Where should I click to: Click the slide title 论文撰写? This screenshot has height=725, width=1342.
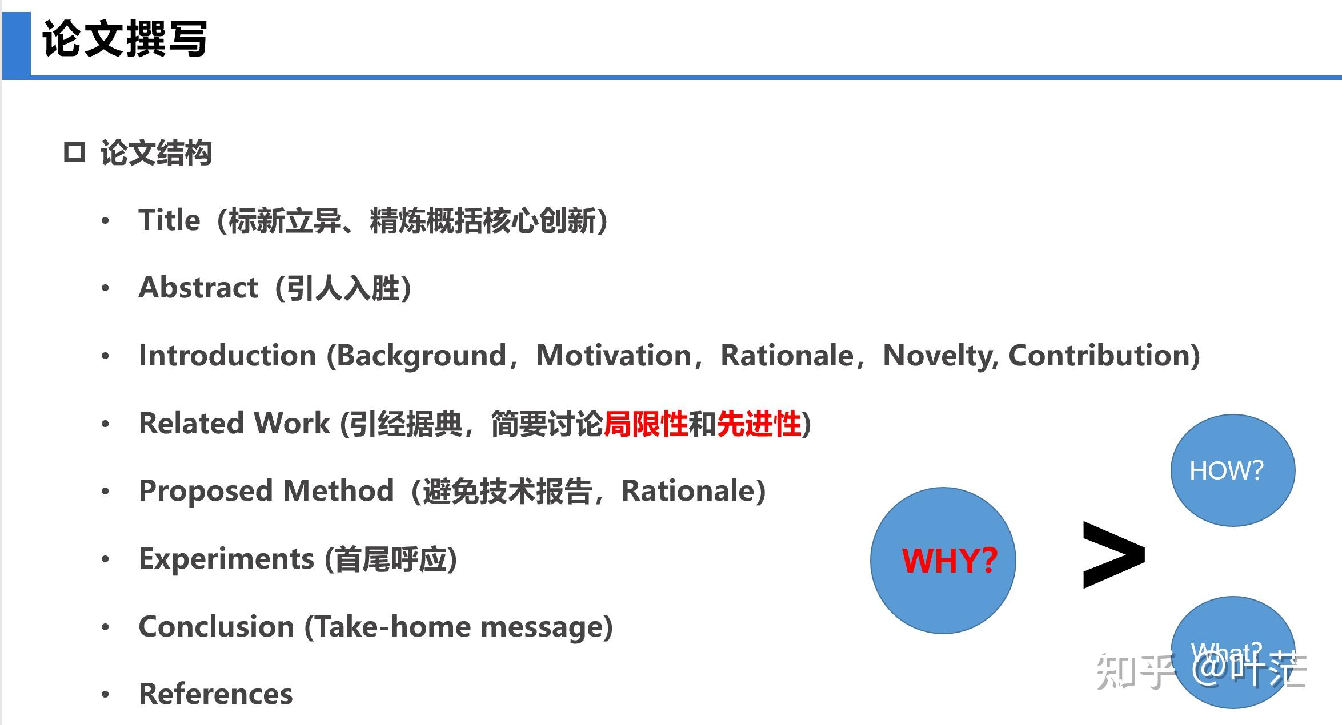pos(125,39)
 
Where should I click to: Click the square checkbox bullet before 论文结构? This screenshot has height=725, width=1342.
pos(74,153)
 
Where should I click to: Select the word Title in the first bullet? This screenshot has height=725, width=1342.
pos(169,220)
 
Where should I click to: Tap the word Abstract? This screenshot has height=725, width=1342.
pos(198,287)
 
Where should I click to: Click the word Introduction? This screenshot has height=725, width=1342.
pos(227,356)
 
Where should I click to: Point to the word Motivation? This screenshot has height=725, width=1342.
pos(614,356)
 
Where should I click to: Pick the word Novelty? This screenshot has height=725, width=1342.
pos(939,356)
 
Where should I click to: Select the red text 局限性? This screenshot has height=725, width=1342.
pos(646,424)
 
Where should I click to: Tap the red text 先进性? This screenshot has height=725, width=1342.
pos(759,424)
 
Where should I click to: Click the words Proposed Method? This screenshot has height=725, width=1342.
pos(266,491)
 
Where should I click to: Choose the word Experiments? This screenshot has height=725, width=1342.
pos(226,559)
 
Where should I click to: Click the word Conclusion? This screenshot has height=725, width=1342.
pos(216,627)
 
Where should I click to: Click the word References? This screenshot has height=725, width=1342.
pos(215,694)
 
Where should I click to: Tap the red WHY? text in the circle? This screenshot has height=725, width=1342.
pos(949,561)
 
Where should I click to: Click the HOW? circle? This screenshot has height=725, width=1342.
pos(1232,470)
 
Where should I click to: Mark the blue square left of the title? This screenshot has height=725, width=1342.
pos(17,45)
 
